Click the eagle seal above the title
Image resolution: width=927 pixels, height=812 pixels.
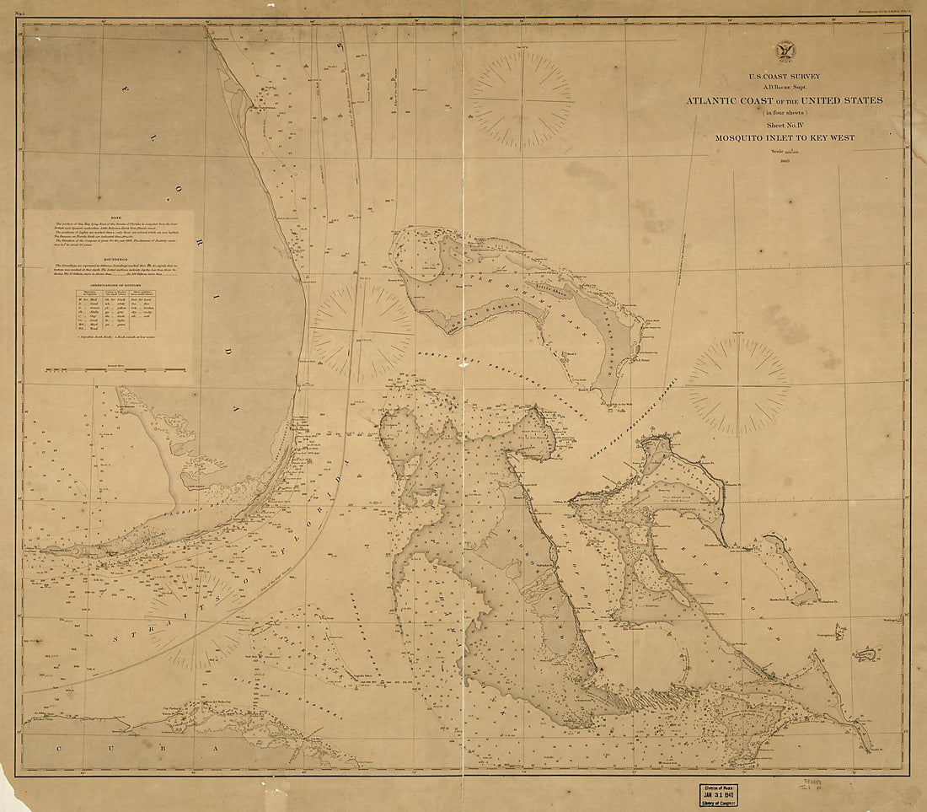[x=785, y=51]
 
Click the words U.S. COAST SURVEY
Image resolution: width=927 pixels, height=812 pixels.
[x=784, y=77]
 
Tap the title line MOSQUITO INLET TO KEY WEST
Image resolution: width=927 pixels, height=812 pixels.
[x=784, y=137]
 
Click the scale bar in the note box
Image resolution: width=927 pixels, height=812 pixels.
[x=115, y=369]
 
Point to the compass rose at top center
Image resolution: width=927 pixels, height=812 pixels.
[x=522, y=100]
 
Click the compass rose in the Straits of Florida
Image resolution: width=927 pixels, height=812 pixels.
[x=196, y=618]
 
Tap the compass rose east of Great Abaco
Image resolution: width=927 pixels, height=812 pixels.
[x=738, y=386]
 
